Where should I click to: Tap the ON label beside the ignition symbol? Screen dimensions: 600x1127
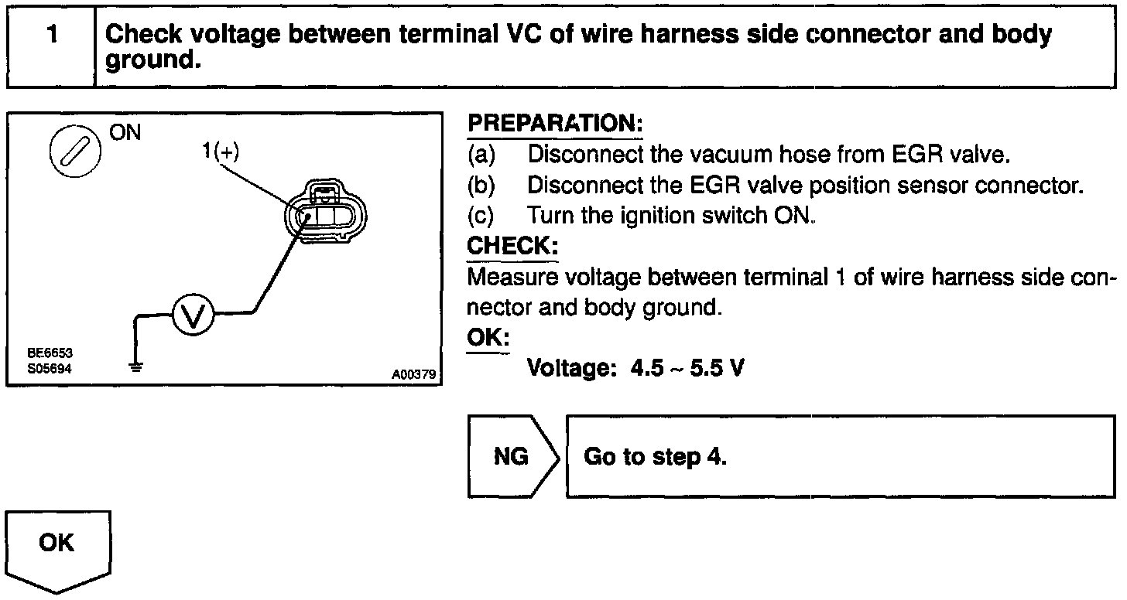coord(125,132)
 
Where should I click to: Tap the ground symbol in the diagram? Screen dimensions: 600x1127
coord(137,366)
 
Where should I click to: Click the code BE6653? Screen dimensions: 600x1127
coord(50,353)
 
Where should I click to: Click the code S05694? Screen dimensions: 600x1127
coord(50,369)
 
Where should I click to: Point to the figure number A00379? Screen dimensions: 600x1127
coord(414,375)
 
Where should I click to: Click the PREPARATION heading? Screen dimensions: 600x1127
coord(555,124)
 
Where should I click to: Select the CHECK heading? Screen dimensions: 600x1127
coord(512,247)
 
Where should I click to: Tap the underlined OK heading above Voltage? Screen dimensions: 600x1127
coord(488,339)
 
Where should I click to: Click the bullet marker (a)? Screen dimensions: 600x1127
coord(481,155)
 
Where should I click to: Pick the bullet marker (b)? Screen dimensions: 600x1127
coord(481,186)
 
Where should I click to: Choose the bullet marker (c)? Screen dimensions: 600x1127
coord(481,215)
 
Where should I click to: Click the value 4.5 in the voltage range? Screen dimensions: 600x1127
coord(647,368)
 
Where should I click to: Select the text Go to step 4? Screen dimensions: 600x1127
coord(655,456)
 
